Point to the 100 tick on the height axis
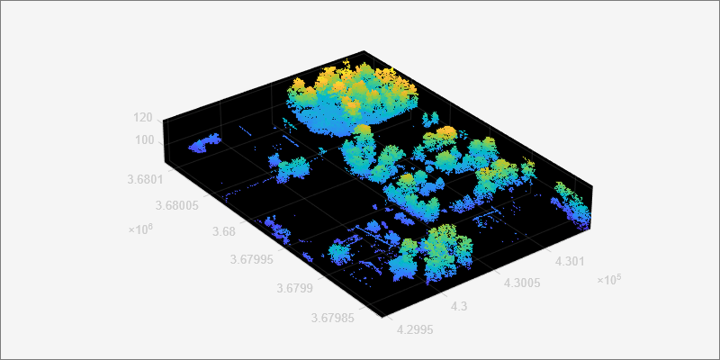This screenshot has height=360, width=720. point(144,139)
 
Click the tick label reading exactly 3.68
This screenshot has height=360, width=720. point(223,232)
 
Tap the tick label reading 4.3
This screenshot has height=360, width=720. point(458,307)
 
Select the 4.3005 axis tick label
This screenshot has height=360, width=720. point(522,283)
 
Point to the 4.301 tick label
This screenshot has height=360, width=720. point(571,261)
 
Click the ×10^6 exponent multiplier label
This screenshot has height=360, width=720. point(140,229)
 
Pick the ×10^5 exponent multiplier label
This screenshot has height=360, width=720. point(608,280)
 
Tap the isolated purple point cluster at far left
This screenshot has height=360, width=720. point(205,142)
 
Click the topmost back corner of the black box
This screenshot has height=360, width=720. point(364,50)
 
